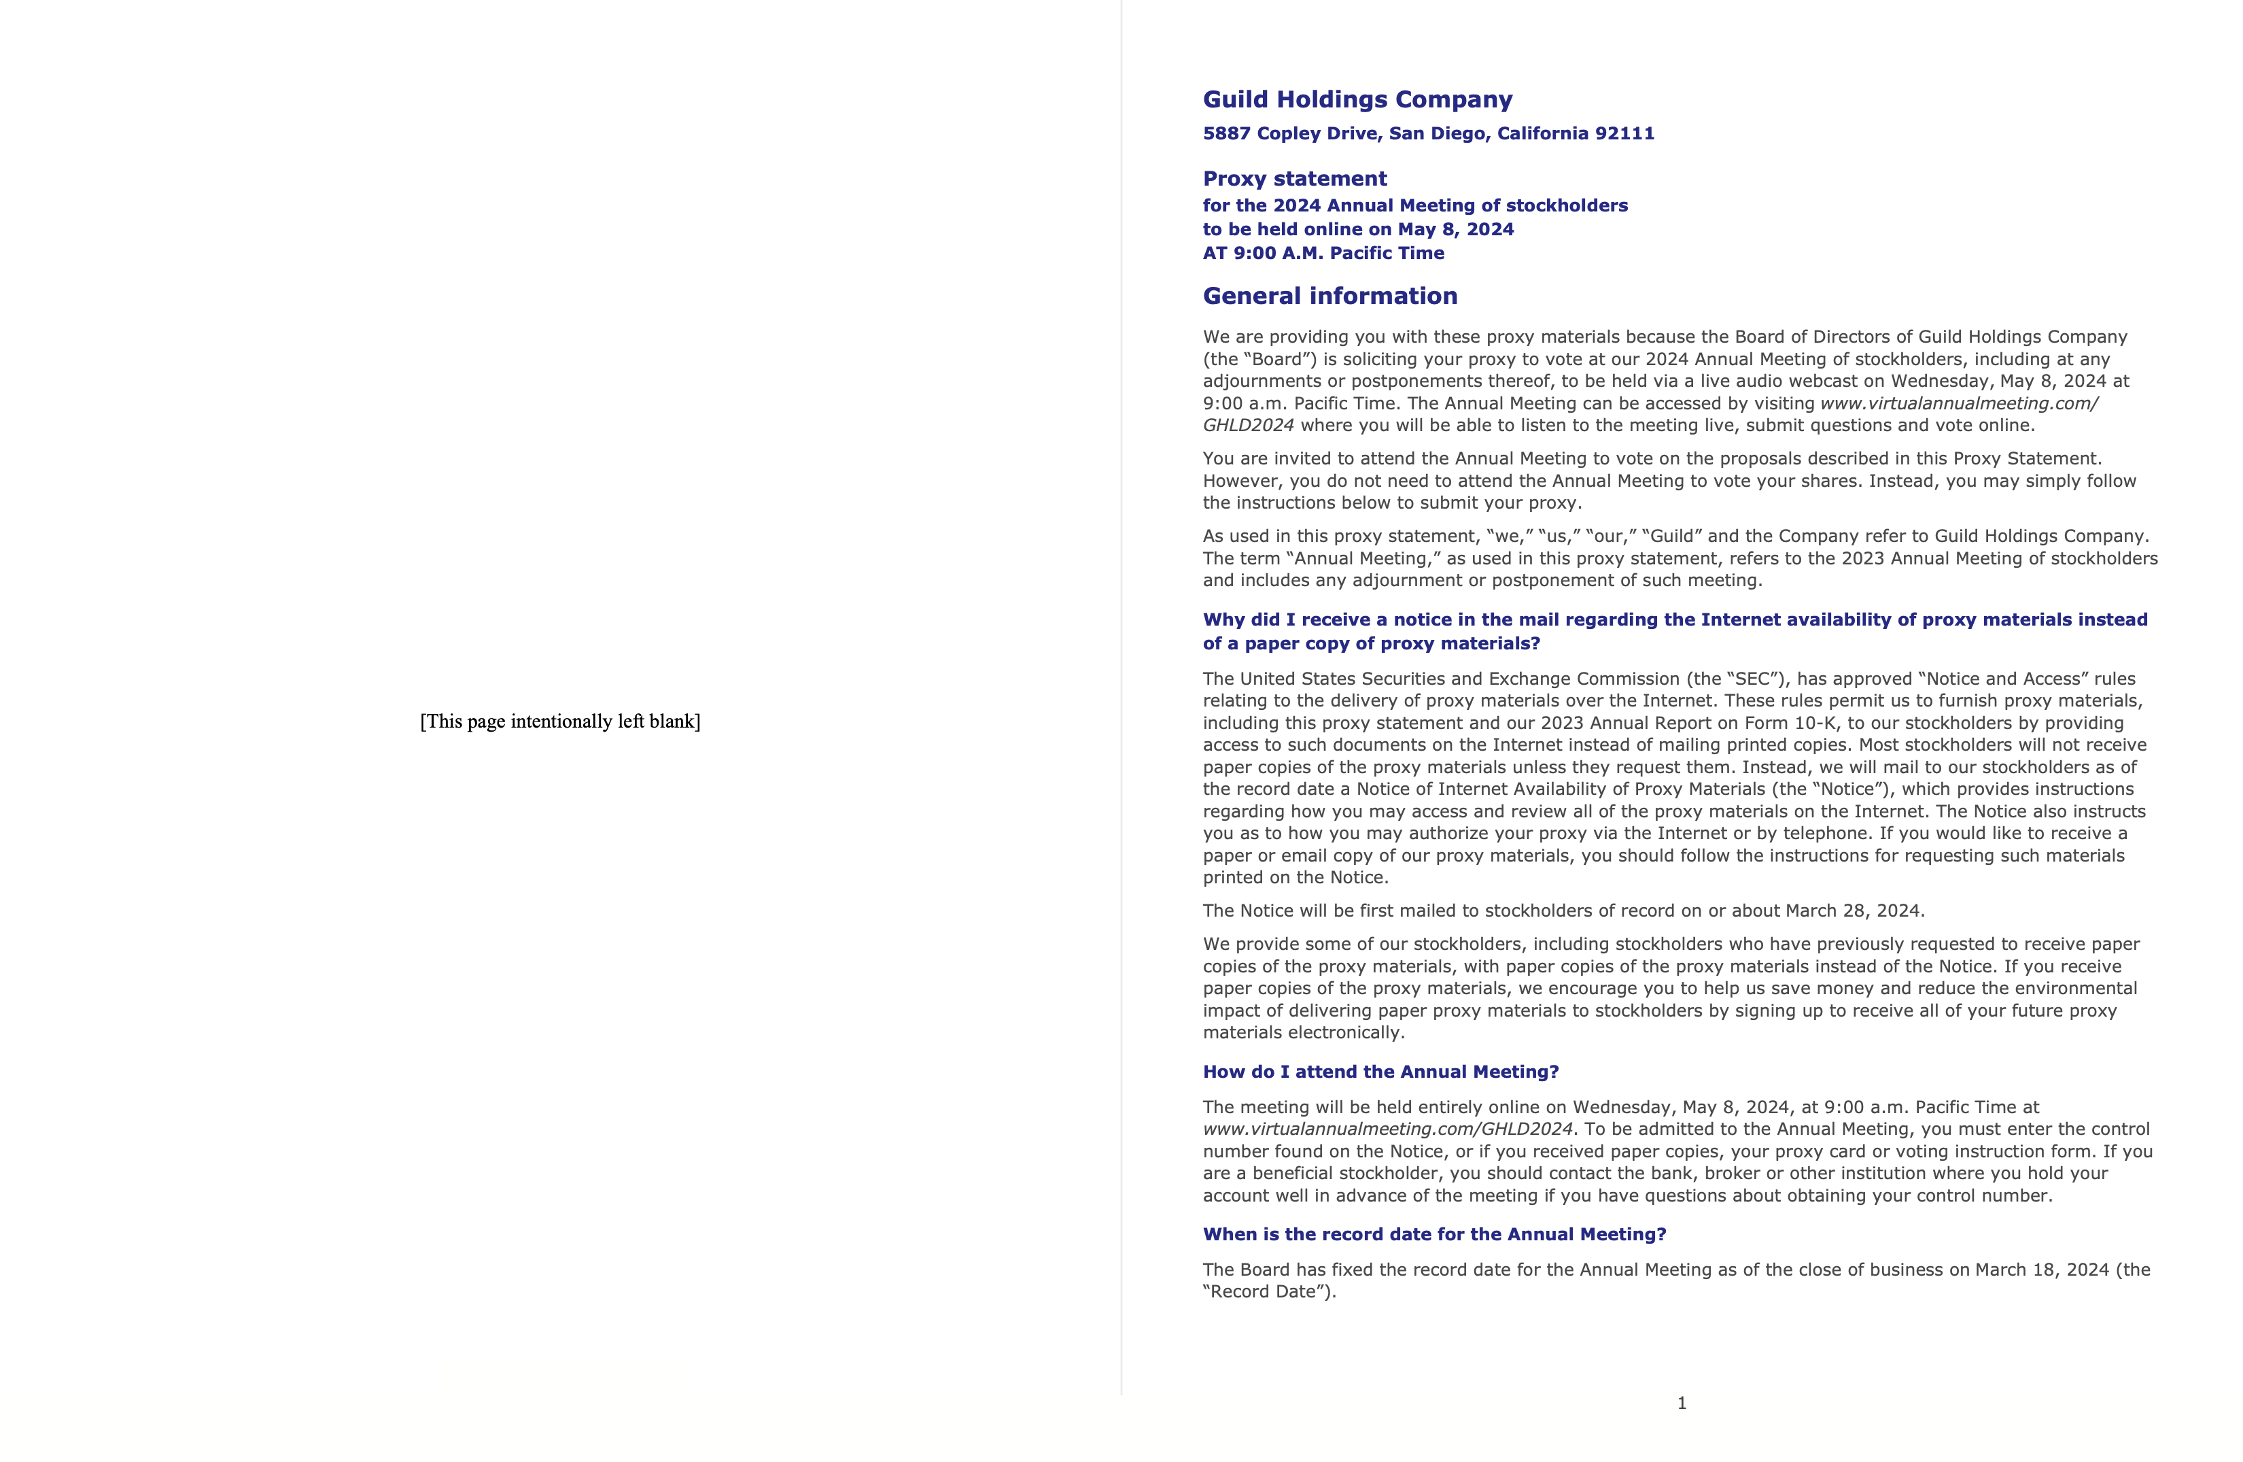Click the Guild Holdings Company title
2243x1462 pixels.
click(1357, 100)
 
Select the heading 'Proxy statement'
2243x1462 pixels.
click(1294, 179)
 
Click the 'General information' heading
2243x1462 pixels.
click(1329, 296)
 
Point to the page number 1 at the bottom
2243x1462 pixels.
click(1682, 1403)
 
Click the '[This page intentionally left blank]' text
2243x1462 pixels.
click(560, 722)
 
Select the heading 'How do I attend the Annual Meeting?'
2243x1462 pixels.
click(1380, 1072)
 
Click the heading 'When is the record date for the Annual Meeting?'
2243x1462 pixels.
click(1433, 1235)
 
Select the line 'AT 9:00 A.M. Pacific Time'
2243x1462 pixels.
click(1323, 254)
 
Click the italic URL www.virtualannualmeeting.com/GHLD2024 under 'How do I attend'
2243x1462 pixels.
click(1387, 1129)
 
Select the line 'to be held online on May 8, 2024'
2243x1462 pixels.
click(1358, 229)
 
